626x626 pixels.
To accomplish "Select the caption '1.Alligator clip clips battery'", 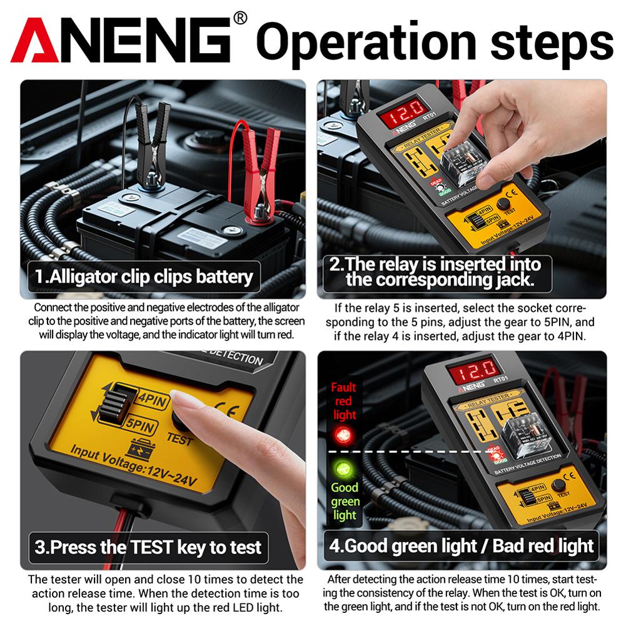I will [x=144, y=276].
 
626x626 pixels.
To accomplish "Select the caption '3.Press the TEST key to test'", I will [x=148, y=548].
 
